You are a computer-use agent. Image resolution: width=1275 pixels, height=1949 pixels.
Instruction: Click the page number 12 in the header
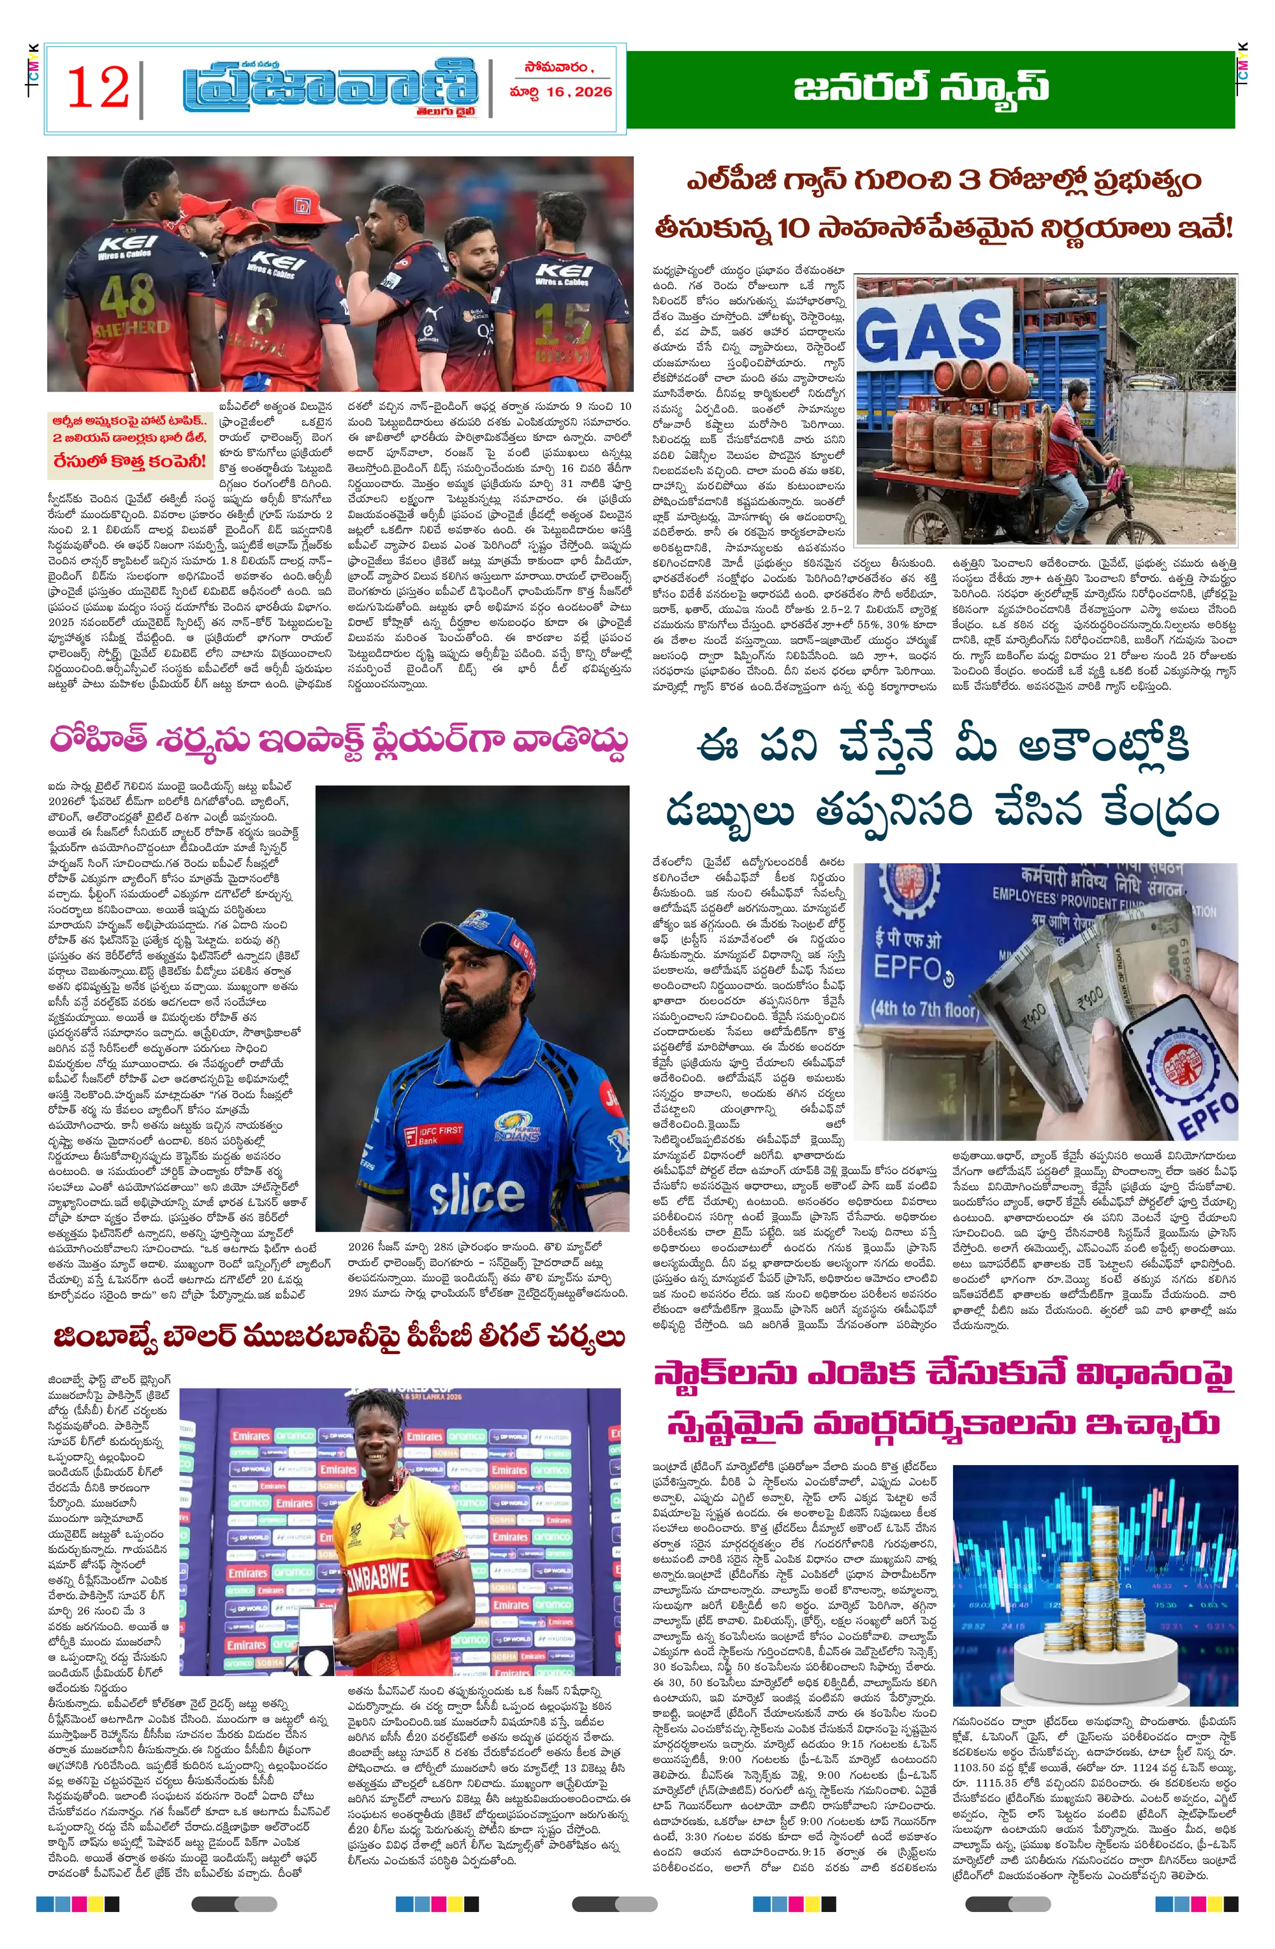[98, 87]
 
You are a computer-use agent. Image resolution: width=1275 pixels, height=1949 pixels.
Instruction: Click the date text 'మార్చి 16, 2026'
[560, 92]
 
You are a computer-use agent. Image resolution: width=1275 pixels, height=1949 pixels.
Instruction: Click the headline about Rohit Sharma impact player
[339, 741]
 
